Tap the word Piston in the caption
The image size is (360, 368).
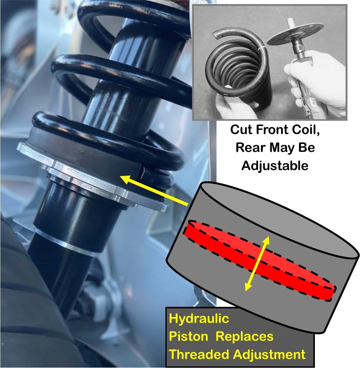pyautogui.click(x=188, y=337)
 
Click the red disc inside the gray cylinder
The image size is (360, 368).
pyautogui.click(x=259, y=260)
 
